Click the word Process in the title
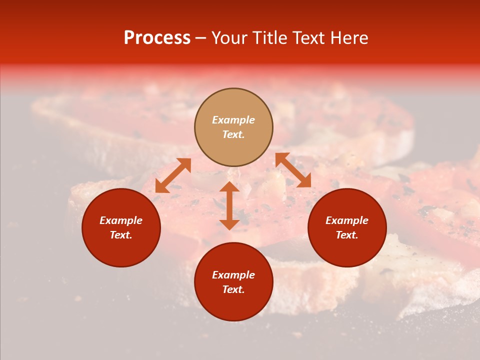tap(157, 38)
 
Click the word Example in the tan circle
tap(233, 120)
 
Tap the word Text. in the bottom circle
tap(233, 289)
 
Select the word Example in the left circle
tap(121, 220)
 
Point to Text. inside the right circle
tap(347, 235)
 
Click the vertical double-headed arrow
tap(229, 205)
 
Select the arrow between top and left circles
tap(173, 175)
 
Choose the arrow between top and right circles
tap(293, 170)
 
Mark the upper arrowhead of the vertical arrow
tap(229, 187)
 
